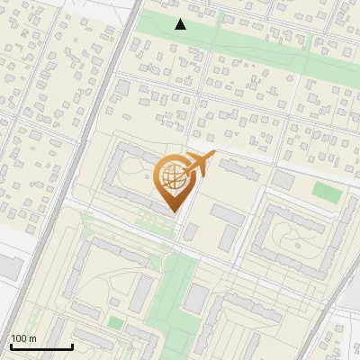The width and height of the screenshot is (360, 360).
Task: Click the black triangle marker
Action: pyautogui.click(x=181, y=24)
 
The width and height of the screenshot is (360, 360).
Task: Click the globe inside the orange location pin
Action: pyautogui.click(x=173, y=181)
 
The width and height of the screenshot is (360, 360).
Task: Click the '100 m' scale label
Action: pyautogui.click(x=23, y=338)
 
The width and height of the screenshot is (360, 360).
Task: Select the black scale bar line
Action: pyautogui.click(x=41, y=346)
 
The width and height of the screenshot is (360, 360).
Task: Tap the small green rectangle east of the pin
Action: pyautogui.click(x=328, y=193)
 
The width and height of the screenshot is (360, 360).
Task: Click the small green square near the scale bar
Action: pyautogui.click(x=115, y=322)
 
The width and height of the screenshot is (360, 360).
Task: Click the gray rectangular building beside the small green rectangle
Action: pyautogui.click(x=283, y=179)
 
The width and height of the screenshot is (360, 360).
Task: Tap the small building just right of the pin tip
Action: pyautogui.click(x=190, y=232)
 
